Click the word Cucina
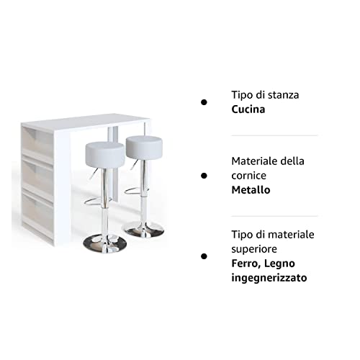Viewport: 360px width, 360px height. coord(248,109)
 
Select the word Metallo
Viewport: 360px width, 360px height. coord(251,190)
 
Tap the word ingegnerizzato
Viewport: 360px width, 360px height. coord(269,278)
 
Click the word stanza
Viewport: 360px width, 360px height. coord(283,95)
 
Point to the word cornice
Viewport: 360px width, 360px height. coord(248,176)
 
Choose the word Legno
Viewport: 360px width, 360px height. coord(279,264)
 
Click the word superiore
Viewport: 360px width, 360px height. coord(254,250)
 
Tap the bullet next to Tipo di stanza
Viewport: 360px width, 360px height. coord(204,102)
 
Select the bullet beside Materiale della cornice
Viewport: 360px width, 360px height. coord(204,176)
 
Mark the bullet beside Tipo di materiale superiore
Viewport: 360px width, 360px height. coord(204,256)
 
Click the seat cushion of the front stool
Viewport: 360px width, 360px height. coord(105,154)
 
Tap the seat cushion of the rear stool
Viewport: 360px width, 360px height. coord(144,148)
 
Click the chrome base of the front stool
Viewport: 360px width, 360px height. coord(104,243)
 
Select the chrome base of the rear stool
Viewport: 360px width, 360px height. coord(144,230)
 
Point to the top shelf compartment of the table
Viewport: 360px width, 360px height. coord(37,141)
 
